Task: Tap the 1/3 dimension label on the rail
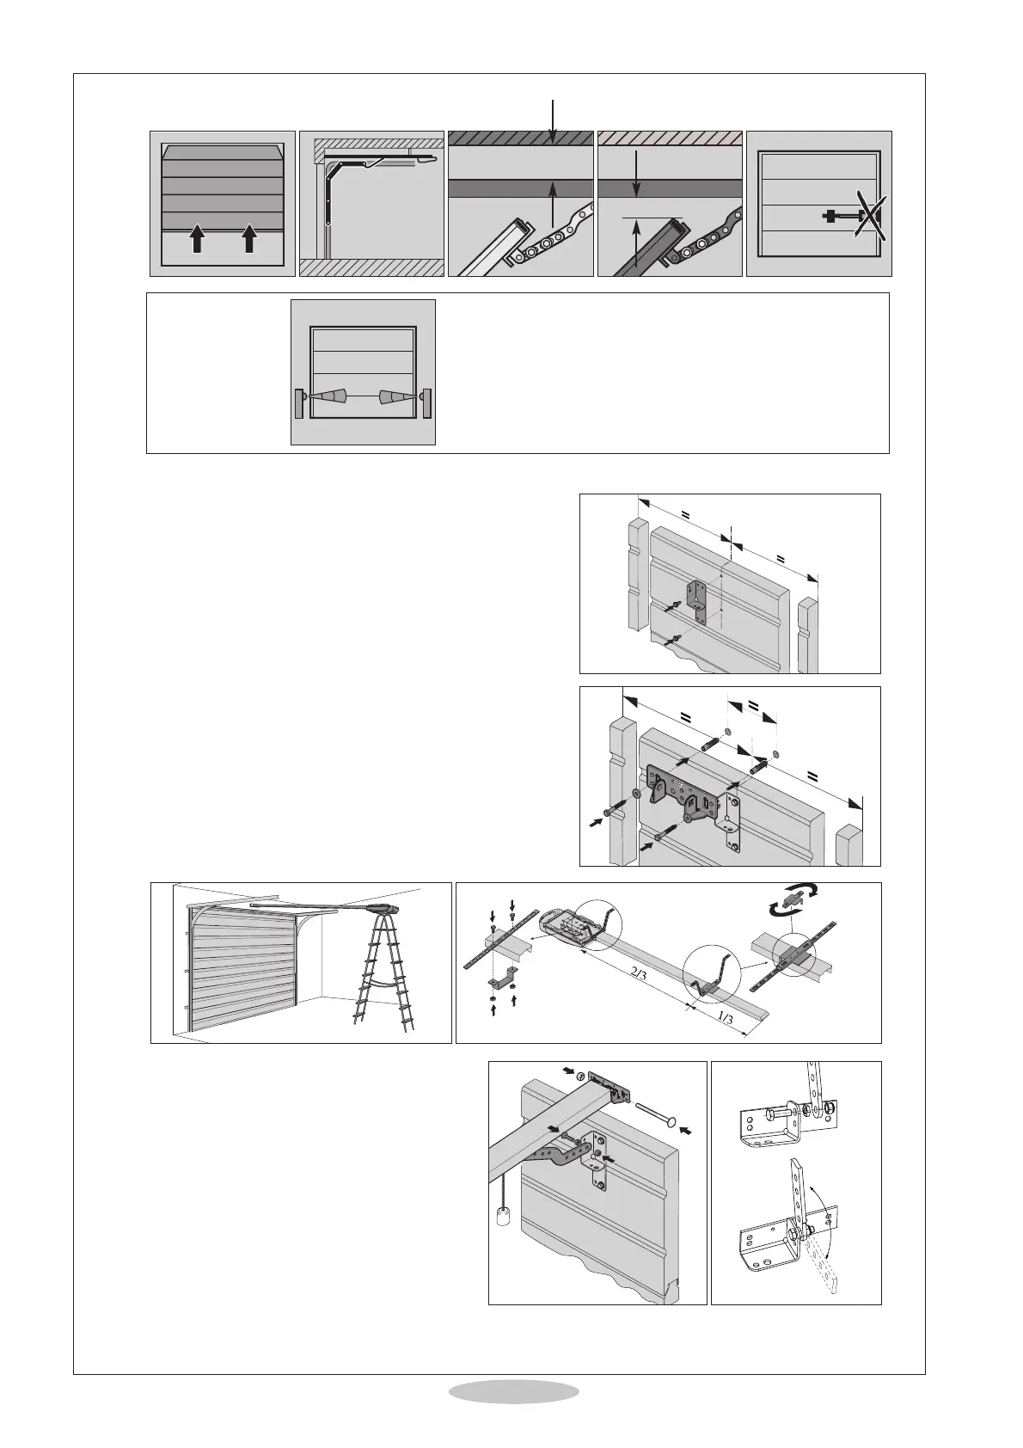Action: [x=724, y=1017]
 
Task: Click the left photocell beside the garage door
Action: [x=298, y=403]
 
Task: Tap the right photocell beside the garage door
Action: [x=426, y=403]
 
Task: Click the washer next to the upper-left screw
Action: [x=637, y=793]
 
